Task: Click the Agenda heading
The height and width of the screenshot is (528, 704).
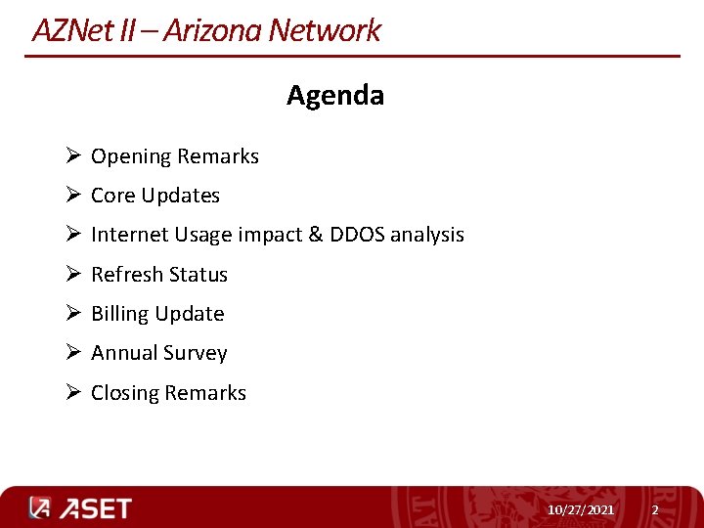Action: coord(335,96)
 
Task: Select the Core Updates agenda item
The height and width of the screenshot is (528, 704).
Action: coord(154,196)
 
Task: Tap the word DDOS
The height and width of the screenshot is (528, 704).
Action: coord(357,235)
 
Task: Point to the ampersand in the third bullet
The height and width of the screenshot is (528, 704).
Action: coord(315,235)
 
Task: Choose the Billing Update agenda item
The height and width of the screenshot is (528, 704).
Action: coord(156,314)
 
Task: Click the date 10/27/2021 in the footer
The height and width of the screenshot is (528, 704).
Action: coord(581,510)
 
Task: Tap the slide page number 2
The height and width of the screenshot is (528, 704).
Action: coord(655,510)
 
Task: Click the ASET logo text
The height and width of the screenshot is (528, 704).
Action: coord(95,508)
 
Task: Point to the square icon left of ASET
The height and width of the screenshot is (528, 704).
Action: coord(39,508)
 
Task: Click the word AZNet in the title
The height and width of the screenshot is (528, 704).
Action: coord(72,30)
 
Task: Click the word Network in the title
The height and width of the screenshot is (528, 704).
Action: coord(324,30)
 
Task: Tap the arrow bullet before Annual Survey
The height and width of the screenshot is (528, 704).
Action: coord(73,353)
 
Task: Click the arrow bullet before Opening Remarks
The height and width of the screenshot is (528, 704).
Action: coord(73,156)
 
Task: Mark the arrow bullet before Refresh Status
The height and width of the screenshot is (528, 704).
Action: coord(73,275)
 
